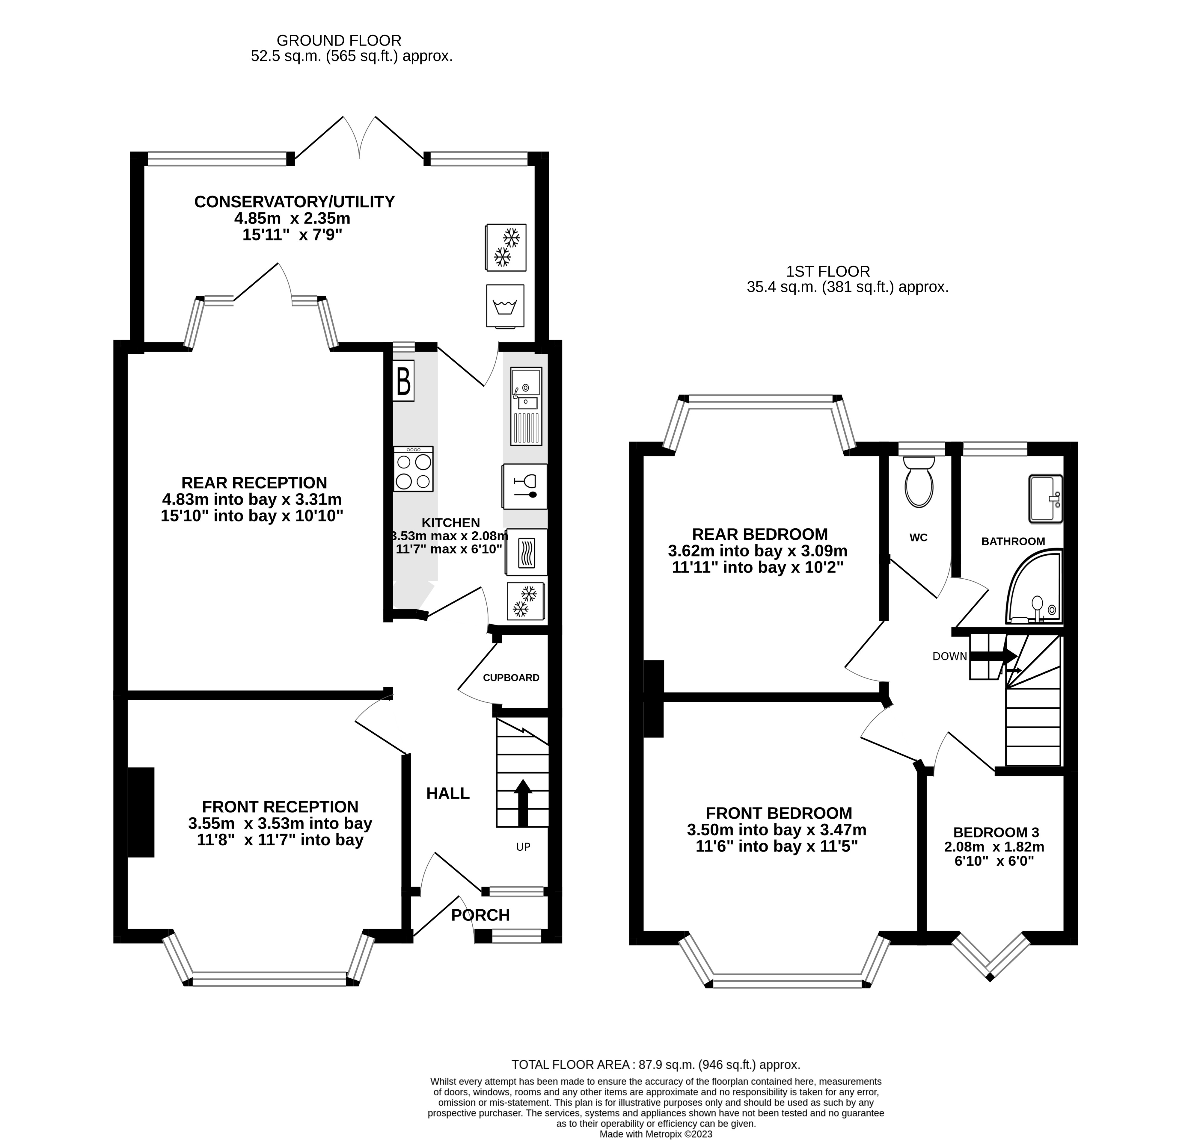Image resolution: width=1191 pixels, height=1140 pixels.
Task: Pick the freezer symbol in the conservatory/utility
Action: pos(506,247)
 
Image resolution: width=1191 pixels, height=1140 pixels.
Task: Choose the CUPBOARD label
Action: pos(511,678)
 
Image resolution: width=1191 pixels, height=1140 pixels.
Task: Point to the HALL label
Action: pos(448,793)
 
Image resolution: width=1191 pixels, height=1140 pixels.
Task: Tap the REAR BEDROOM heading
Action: pos(759,534)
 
